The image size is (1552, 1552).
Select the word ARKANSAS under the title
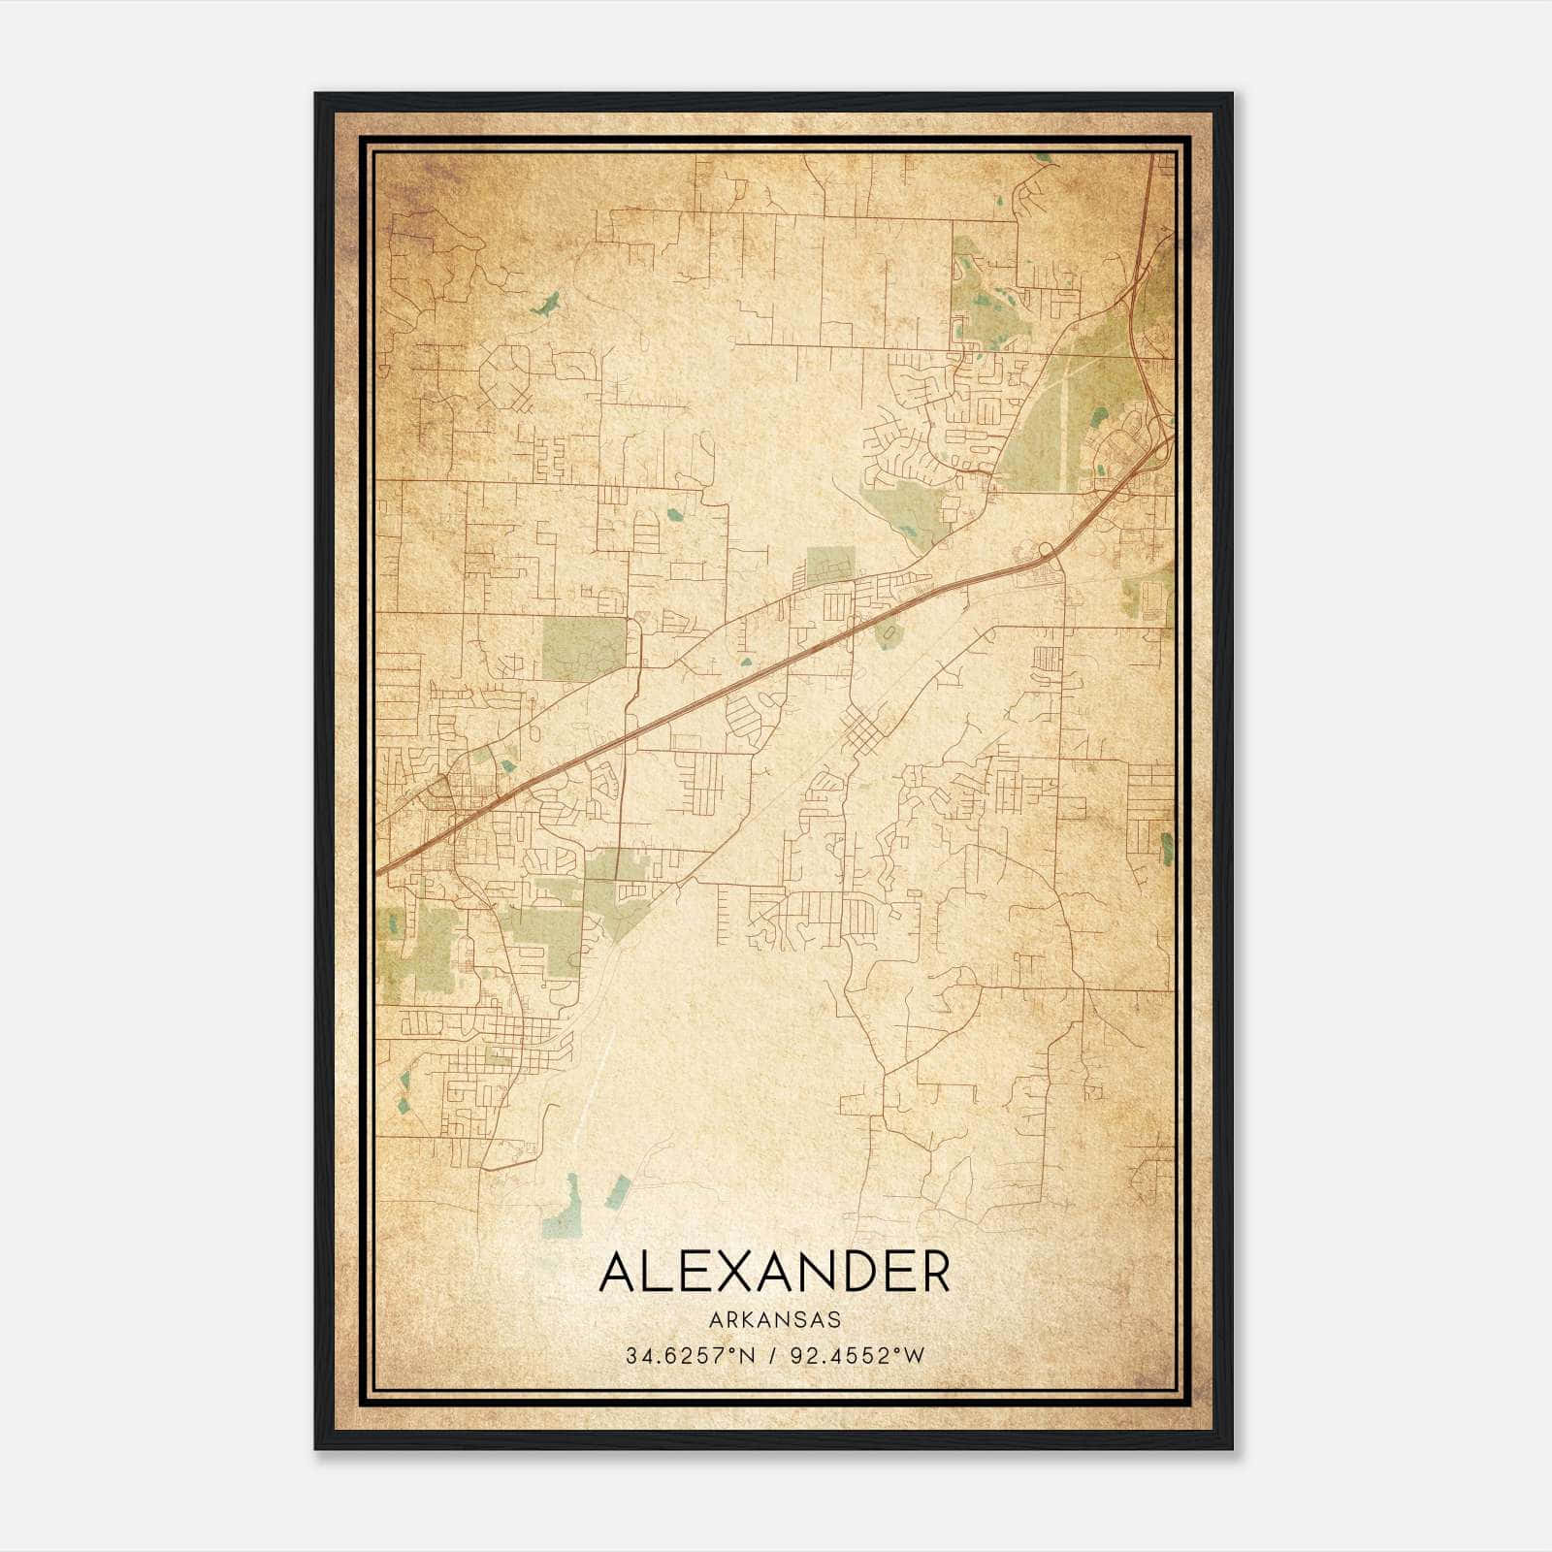pyautogui.click(x=774, y=1320)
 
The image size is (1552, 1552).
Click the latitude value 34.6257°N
pyautogui.click(x=690, y=1355)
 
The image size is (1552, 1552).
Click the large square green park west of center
pyautogui.click(x=584, y=647)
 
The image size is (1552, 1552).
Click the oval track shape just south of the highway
pyautogui.click(x=885, y=635)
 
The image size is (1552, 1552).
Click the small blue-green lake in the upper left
pyautogui.click(x=545, y=305)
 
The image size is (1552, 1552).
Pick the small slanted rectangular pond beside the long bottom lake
pyautogui.click(x=617, y=1191)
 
